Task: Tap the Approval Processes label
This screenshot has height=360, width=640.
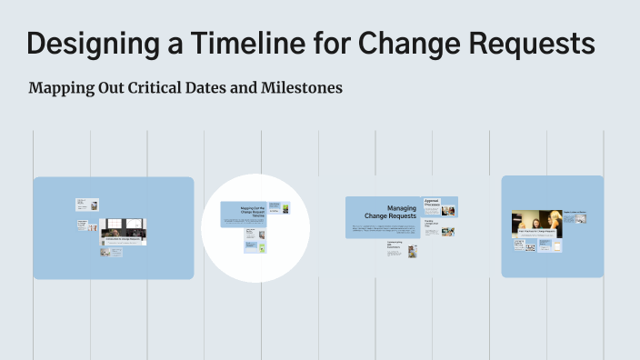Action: pos(433,203)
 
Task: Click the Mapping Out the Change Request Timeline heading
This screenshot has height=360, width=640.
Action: pos(252,213)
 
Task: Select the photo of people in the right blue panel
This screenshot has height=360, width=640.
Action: pos(536,224)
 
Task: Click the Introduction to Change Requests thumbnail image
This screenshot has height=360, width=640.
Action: pos(123,231)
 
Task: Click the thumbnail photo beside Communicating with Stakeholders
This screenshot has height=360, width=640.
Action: pos(412,250)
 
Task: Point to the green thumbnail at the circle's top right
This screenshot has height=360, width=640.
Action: pos(285,209)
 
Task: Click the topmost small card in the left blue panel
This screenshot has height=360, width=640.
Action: pos(87,205)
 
